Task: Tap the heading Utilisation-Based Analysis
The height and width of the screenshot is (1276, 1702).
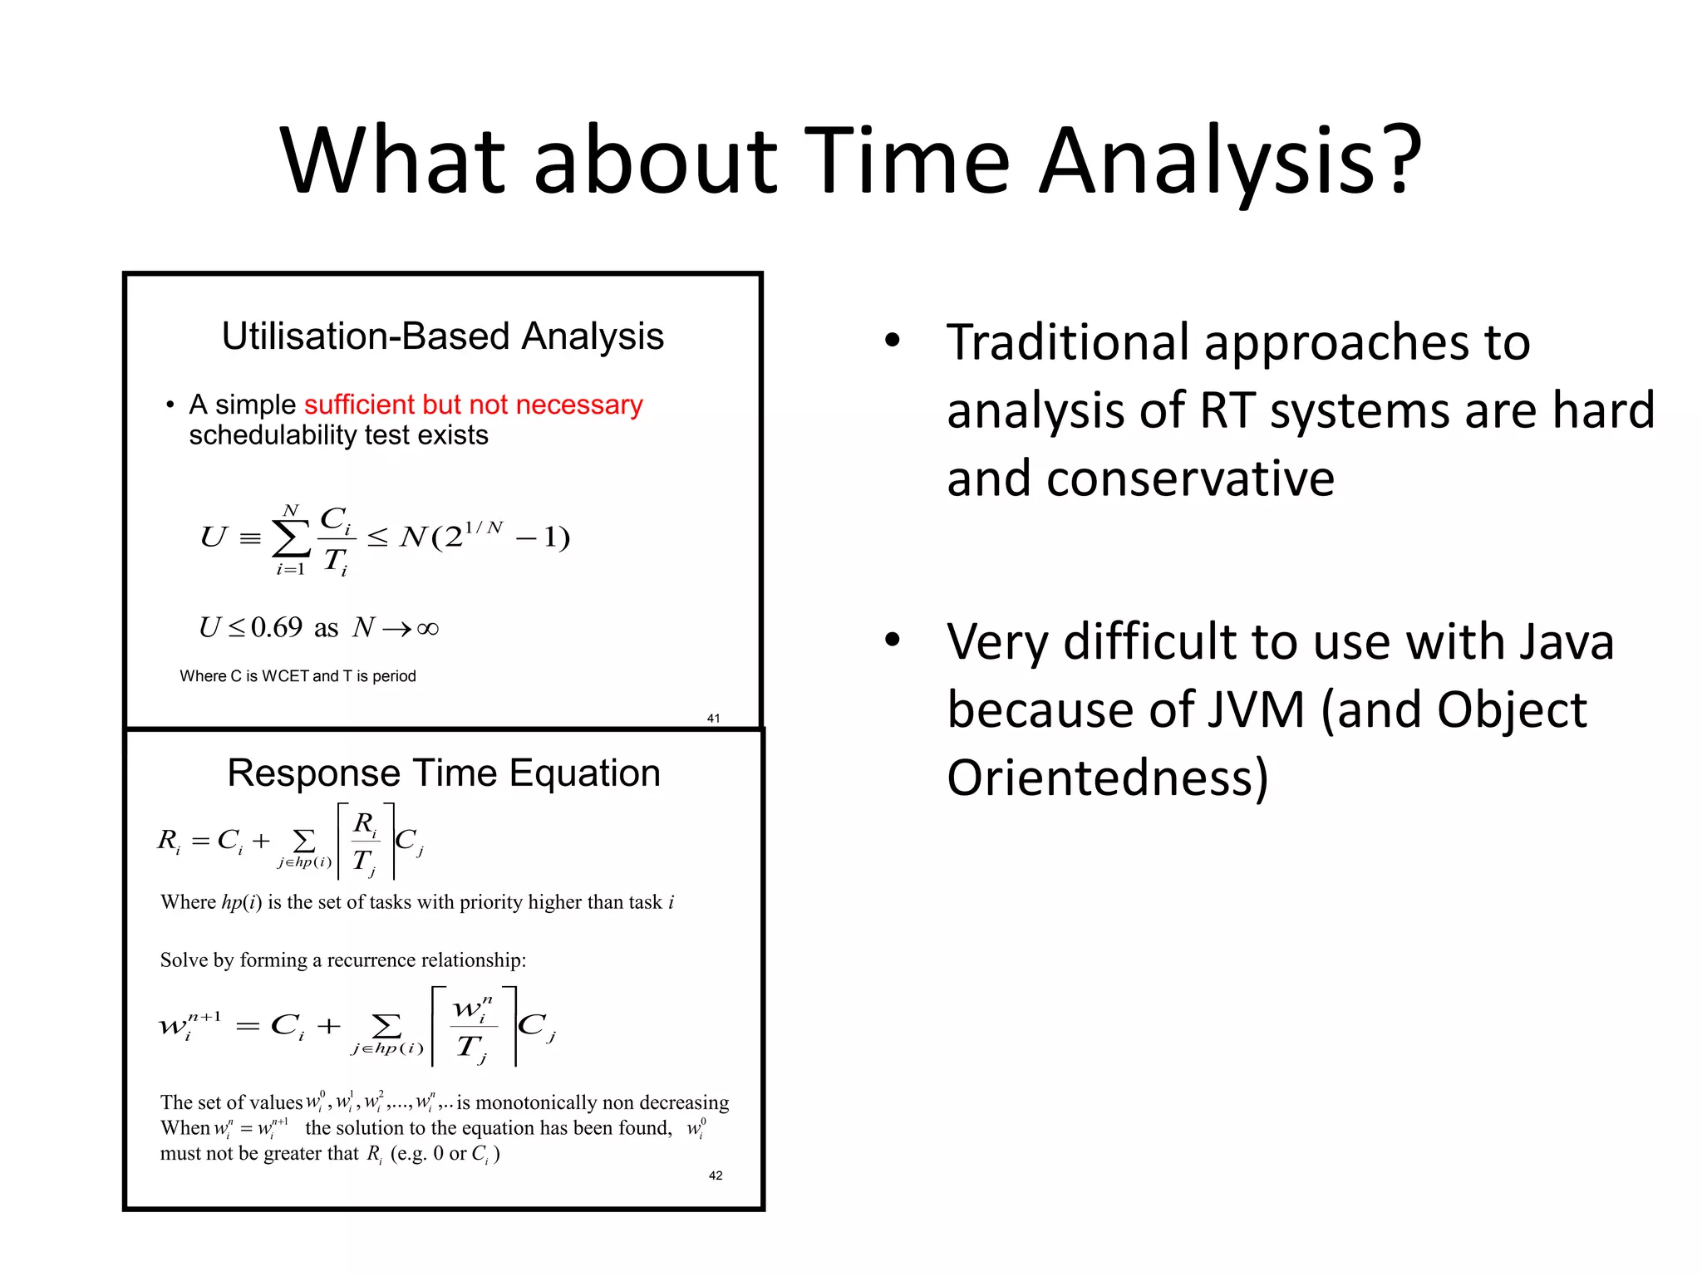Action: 442,336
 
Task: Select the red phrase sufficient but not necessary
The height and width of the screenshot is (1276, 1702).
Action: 473,405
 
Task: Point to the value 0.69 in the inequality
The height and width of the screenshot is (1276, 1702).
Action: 276,627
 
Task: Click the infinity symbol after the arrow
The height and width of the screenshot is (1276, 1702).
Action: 427,629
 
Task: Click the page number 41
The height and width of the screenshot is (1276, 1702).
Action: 713,718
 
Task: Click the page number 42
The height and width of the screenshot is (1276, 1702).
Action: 716,1175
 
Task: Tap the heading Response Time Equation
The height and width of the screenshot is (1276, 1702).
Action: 443,773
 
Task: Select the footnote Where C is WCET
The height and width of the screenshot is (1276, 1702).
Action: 298,676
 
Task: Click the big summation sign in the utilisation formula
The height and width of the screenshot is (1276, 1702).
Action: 291,538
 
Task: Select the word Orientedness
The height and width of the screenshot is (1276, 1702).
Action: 1106,778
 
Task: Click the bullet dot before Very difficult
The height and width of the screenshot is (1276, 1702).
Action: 892,640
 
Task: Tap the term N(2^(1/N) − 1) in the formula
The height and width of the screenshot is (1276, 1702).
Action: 485,537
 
